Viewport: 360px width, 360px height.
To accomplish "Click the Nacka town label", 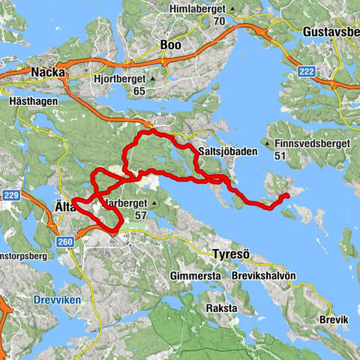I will (x=50, y=72).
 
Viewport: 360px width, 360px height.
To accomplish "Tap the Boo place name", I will (x=170, y=45).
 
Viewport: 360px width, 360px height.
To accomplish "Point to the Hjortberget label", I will (x=121, y=77).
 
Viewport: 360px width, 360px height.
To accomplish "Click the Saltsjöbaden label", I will (x=228, y=151).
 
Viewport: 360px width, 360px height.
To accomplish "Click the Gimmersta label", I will (x=196, y=276).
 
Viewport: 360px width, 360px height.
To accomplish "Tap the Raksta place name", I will (x=221, y=308).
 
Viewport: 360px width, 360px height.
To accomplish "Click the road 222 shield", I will (x=326, y=70).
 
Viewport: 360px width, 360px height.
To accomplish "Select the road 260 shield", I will (x=64, y=241).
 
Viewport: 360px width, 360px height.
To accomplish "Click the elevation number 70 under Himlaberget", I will (x=219, y=20).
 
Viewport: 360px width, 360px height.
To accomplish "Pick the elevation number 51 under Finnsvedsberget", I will (x=280, y=155).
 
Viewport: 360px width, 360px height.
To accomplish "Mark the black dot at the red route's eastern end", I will (x=286, y=196).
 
